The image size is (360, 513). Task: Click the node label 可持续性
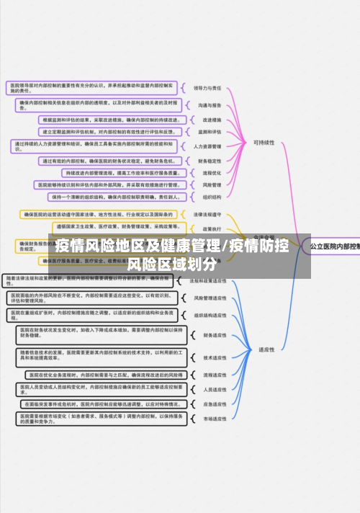tap(264, 143)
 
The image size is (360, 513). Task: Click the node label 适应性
tap(266, 349)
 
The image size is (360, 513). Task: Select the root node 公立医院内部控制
tap(335, 246)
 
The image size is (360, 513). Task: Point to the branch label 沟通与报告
tap(207, 104)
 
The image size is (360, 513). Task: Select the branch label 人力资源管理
tap(208, 146)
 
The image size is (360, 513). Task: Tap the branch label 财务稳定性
tap(208, 161)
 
